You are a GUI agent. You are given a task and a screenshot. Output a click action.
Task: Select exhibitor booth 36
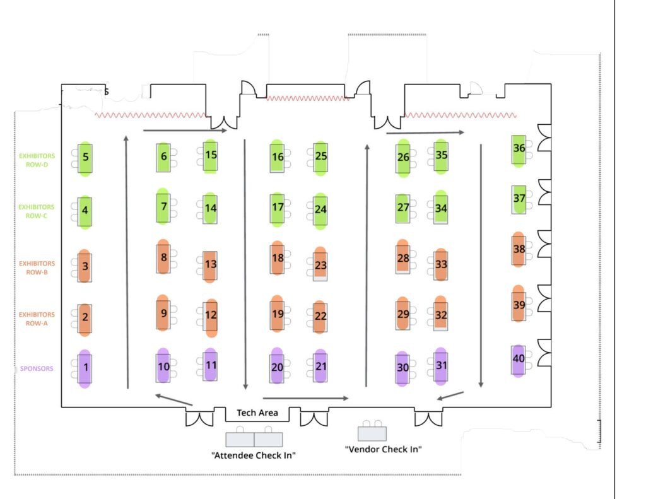(x=519, y=150)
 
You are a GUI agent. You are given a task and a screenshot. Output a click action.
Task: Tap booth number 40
(x=518, y=360)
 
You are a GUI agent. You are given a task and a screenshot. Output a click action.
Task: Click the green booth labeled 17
(x=278, y=208)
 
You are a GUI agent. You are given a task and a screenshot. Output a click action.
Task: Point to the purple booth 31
(x=441, y=366)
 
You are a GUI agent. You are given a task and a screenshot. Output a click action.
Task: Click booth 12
(x=211, y=315)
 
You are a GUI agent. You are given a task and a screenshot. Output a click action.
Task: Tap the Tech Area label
(x=257, y=413)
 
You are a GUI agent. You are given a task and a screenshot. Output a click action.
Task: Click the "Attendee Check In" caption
(x=254, y=455)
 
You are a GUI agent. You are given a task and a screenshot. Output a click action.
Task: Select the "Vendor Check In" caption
(x=383, y=450)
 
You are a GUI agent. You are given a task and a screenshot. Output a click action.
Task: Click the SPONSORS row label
(x=37, y=368)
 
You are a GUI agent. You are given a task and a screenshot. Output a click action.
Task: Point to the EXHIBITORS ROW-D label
(x=37, y=160)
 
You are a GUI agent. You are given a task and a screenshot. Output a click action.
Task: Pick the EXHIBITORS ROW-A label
(x=37, y=319)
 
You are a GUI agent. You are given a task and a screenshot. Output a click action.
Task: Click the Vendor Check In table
(x=372, y=433)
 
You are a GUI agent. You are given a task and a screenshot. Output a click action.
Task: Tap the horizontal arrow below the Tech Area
(x=305, y=398)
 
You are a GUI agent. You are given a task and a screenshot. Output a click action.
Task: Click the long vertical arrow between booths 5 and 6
(x=127, y=261)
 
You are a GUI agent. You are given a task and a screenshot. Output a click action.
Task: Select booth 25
(x=320, y=156)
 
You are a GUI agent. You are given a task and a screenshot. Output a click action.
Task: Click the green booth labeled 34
(x=441, y=209)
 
